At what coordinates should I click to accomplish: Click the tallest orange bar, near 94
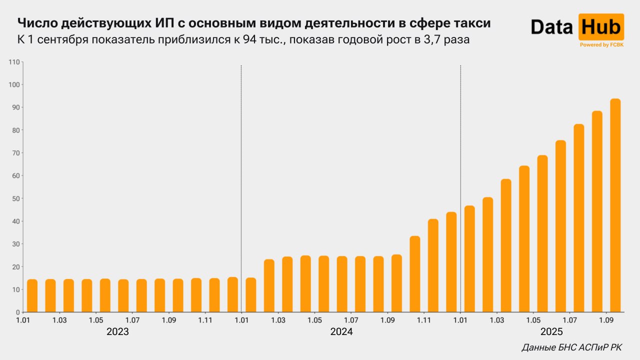[615, 205]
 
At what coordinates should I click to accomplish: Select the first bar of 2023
[32, 295]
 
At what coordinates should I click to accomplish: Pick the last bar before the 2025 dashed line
[451, 262]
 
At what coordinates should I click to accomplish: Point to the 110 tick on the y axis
[13, 62]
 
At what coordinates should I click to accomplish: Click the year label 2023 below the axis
[117, 332]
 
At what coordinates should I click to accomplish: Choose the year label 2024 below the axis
[341, 332]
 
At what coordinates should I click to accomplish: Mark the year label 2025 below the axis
[551, 332]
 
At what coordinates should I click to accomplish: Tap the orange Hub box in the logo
[601, 27]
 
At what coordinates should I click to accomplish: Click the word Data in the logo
[551, 27]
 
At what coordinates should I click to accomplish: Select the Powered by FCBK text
[601, 45]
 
